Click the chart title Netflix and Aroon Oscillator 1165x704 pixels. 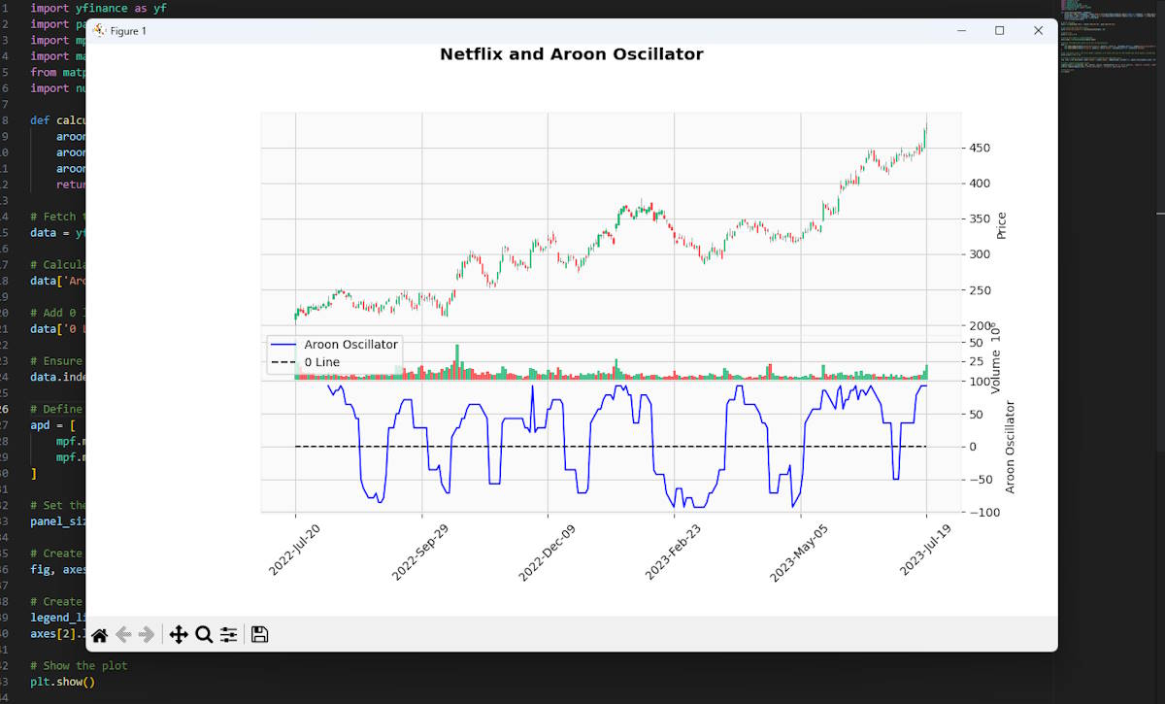[571, 54]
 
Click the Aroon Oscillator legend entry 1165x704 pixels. [350, 344]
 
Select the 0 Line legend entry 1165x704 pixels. [321, 362]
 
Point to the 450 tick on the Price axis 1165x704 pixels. [981, 148]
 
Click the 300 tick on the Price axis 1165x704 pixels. [981, 254]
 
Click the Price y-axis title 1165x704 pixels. [1002, 226]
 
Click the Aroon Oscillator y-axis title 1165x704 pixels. [1010, 447]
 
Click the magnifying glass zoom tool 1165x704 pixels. [204, 635]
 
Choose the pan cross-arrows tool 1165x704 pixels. [179, 635]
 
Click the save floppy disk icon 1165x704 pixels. [259, 635]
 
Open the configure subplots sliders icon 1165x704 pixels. [228, 635]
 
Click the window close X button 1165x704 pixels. [1038, 31]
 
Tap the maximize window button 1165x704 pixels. [999, 31]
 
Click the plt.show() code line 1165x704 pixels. [63, 681]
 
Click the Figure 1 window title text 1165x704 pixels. [128, 31]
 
